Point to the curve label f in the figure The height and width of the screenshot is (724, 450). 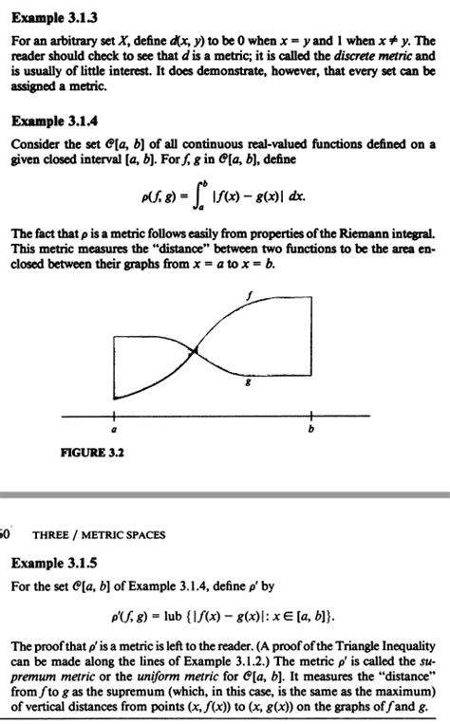pyautogui.click(x=249, y=297)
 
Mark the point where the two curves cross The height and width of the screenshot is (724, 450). pyautogui.click(x=196, y=351)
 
